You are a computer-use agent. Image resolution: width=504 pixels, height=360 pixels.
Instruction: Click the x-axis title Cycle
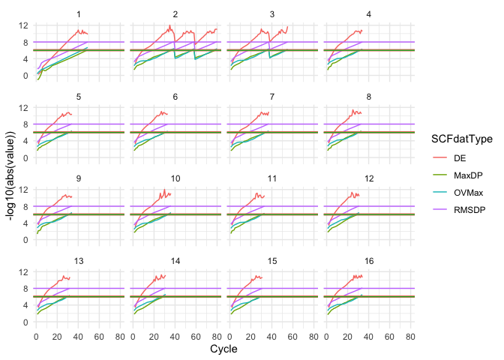[224, 349]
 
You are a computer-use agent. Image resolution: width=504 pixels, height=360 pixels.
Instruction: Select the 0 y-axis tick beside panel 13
[26, 322]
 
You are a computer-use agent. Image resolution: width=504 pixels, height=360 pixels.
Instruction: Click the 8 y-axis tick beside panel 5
[26, 124]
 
